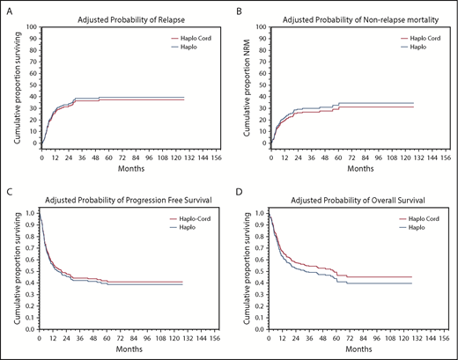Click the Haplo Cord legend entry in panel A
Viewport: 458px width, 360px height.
coord(195,38)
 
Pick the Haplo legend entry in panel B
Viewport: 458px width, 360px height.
coord(417,47)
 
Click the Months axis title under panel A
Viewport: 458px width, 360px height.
coord(124,168)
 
